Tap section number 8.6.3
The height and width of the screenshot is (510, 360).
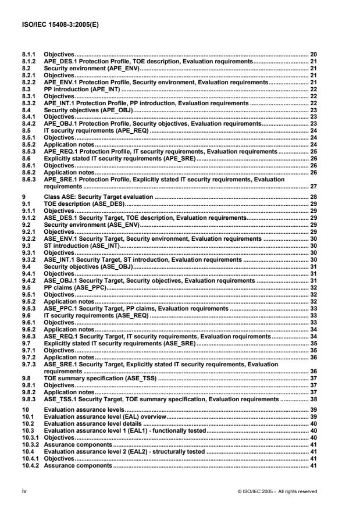(x=27, y=180)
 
